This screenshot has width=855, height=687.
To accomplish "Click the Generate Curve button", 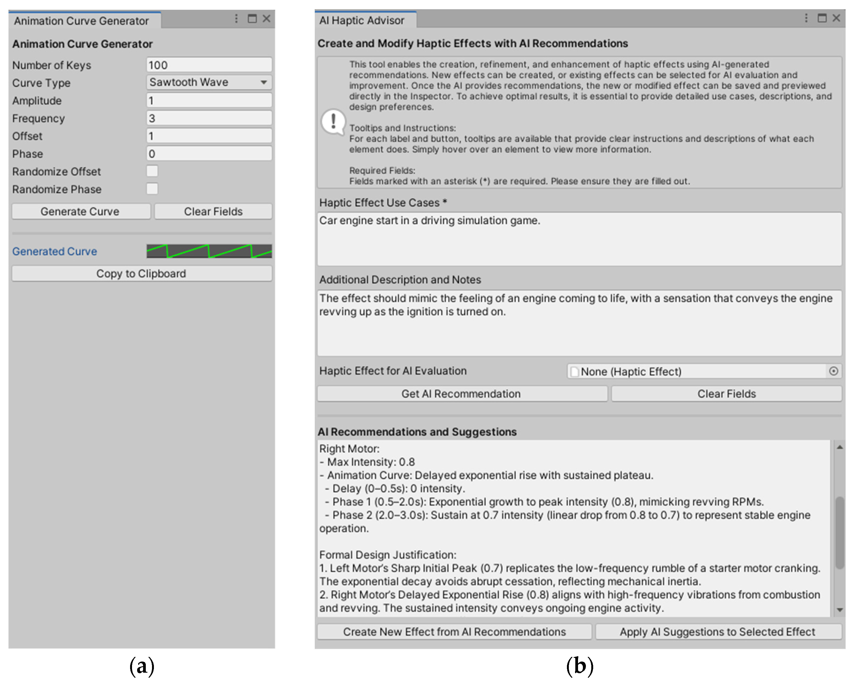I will pos(81,211).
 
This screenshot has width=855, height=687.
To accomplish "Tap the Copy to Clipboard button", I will pos(141,274).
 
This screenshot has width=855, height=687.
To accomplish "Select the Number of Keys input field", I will pos(209,65).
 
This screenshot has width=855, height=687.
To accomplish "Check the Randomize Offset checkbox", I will pos(152,171).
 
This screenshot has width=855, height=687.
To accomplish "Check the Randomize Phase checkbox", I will pos(152,189).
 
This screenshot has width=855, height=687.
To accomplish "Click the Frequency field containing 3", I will pos(209,118).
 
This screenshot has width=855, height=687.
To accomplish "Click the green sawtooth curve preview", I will pos(209,251).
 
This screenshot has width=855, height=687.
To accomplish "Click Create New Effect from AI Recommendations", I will pos(454,632).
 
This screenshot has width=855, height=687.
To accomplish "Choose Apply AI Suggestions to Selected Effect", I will pos(718,632).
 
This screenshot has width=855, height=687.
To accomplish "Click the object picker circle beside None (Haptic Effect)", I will pos(834,371).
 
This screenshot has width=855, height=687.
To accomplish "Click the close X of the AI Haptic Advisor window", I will pos(836,18).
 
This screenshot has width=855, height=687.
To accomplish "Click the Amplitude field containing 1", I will pos(209,101).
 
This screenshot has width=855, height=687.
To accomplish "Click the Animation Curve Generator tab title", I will pos(82,21).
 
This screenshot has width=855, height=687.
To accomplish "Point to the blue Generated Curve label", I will pos(55,251).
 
